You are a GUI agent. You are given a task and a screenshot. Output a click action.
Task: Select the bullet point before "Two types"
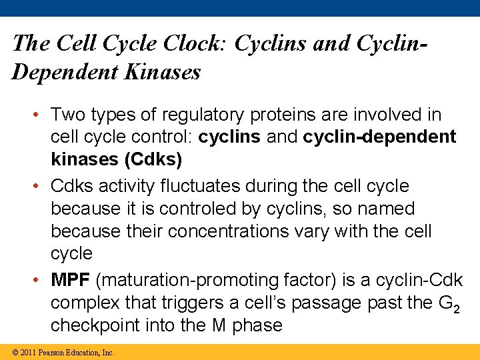coord(41,115)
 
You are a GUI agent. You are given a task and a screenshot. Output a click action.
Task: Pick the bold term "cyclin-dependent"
coord(379,137)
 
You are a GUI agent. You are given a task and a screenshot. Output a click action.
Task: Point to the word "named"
coord(386,209)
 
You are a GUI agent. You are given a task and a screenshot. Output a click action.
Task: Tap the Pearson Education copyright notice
coord(58,352)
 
